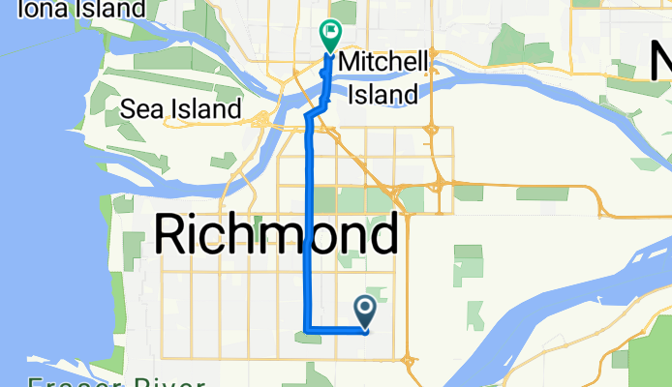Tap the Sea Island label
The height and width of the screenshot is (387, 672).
pos(181,109)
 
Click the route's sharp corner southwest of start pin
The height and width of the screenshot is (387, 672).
pos(308,331)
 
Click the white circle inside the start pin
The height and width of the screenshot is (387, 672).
pos(367,309)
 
